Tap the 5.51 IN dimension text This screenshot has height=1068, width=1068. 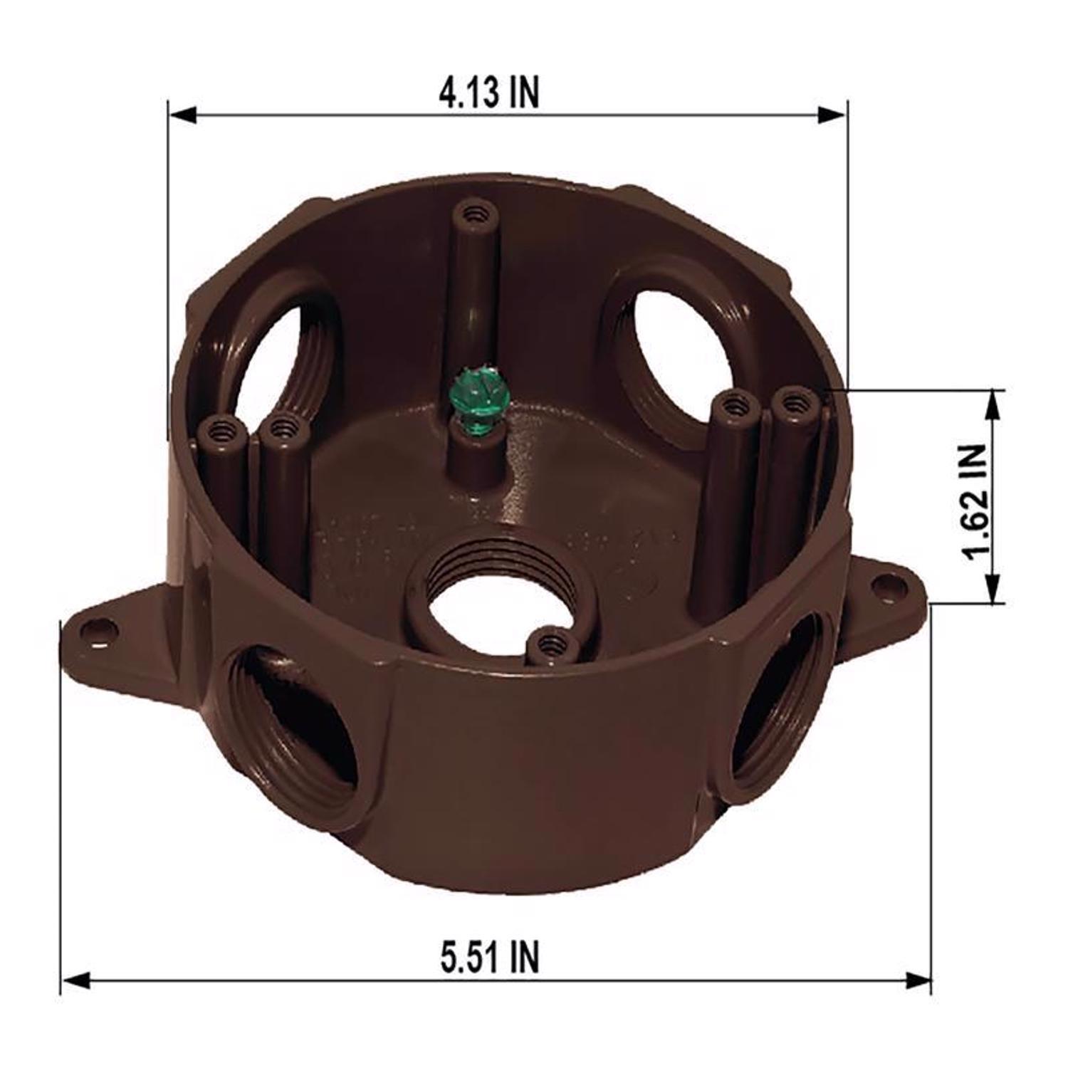tap(490, 956)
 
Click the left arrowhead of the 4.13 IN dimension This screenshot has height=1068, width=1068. tap(182, 114)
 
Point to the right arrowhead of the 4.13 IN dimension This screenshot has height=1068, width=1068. tap(833, 114)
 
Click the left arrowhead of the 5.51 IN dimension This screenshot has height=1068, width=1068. tap(75, 980)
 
